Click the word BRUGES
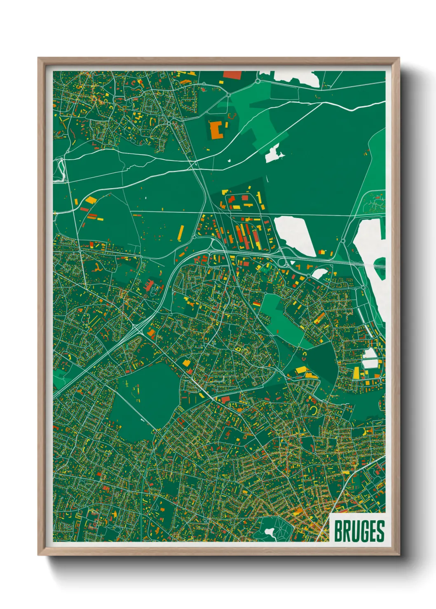359,531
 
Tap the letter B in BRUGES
339,531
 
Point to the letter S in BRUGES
380,531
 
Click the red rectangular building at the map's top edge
232,75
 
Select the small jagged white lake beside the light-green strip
273,154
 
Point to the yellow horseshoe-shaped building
314,409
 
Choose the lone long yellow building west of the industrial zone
180,232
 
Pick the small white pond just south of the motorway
320,274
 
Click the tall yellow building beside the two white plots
356,372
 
